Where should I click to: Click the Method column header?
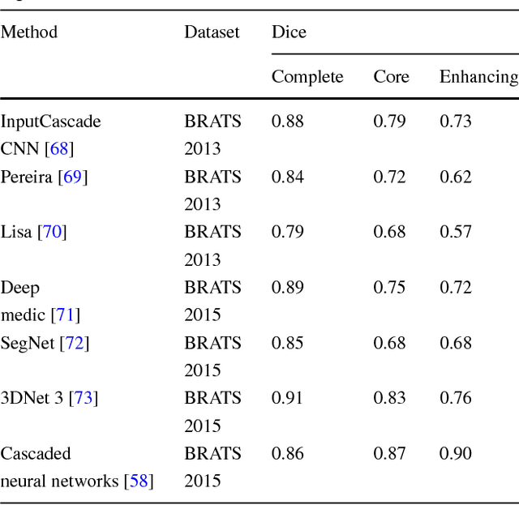(x=29, y=32)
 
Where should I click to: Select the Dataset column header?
(x=212, y=32)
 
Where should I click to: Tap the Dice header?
(x=289, y=32)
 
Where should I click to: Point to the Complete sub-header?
(x=307, y=77)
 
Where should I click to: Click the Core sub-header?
(x=391, y=77)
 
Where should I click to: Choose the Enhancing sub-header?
(x=478, y=77)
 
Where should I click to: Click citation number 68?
(x=60, y=149)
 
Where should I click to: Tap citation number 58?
(x=138, y=481)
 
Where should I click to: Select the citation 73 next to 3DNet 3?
(x=83, y=398)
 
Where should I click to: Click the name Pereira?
(x=28, y=177)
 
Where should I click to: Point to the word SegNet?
(x=28, y=343)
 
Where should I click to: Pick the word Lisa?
(x=16, y=232)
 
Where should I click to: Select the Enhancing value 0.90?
(x=456, y=454)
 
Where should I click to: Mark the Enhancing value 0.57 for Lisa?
(x=456, y=232)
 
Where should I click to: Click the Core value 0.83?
(x=389, y=398)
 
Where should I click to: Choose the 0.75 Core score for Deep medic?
(x=389, y=288)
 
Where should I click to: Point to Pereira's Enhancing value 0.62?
(x=456, y=177)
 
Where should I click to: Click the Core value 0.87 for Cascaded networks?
(x=389, y=454)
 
